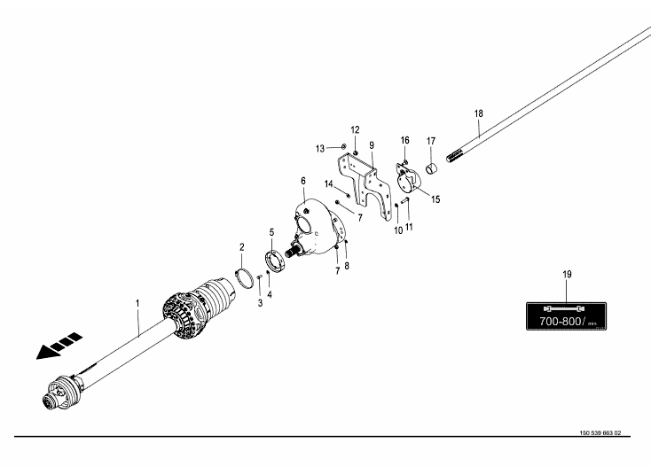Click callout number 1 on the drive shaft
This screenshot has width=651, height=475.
[x=137, y=303]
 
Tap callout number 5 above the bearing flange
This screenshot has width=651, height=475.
[x=272, y=232]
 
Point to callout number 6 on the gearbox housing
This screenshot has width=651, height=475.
[x=303, y=181]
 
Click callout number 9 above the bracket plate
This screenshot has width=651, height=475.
[x=373, y=144]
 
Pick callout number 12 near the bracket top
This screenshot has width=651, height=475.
[x=355, y=129]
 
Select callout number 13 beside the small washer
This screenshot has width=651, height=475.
[x=321, y=147]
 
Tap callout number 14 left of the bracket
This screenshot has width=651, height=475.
[x=328, y=184]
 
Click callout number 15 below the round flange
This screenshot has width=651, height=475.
[x=435, y=199]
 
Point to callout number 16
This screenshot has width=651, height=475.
[x=404, y=140]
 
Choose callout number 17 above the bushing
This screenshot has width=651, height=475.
[x=432, y=140]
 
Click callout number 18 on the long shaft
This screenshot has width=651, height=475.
[x=479, y=113]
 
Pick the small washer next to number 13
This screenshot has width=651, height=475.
[x=341, y=147]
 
